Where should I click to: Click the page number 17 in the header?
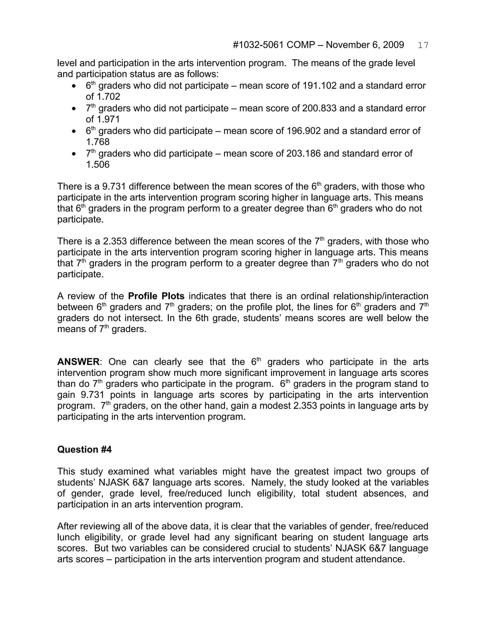pyautogui.click(x=423, y=45)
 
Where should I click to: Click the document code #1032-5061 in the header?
pyautogui.click(x=258, y=45)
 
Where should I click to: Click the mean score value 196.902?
pyautogui.click(x=304, y=131)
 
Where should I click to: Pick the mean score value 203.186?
pyautogui.click(x=304, y=154)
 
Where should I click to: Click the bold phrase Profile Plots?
pyautogui.click(x=156, y=296)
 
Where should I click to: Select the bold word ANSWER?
pyautogui.click(x=78, y=362)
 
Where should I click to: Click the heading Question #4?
pyautogui.click(x=84, y=450)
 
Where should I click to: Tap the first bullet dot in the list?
pyautogui.click(x=74, y=86)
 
